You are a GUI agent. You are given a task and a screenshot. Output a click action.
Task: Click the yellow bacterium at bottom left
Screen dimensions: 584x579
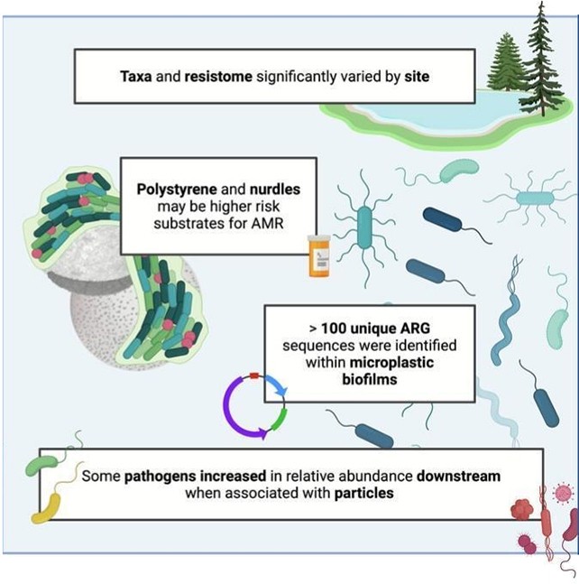coord(45,512)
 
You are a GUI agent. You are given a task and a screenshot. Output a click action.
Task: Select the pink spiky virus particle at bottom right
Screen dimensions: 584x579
coord(564,493)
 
